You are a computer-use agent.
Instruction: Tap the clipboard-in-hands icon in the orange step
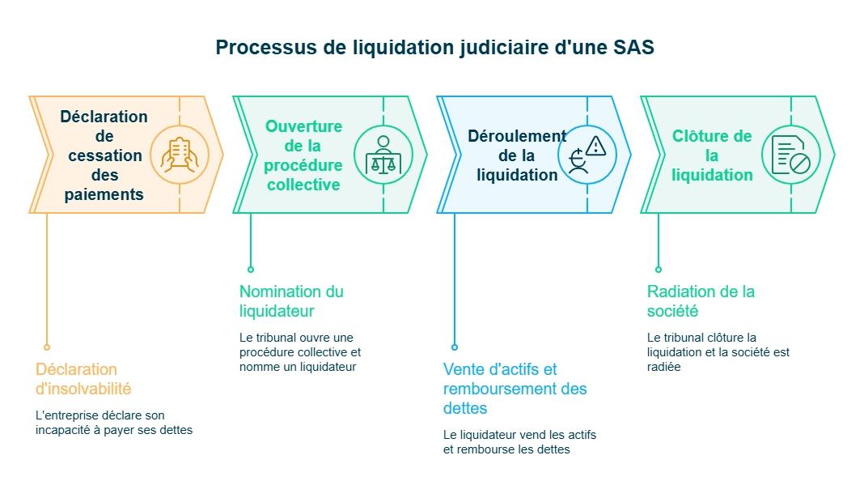pos(180,155)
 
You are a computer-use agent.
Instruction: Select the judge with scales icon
pos(383,155)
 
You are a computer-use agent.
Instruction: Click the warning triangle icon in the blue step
pos(596,146)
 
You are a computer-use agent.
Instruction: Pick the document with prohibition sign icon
pos(791,155)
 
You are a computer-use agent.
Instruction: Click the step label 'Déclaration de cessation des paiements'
pos(104,155)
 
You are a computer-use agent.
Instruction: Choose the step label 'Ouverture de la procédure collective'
pos(303,155)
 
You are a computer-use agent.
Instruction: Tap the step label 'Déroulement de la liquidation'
pos(517,155)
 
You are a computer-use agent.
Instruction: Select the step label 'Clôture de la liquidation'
pos(712,155)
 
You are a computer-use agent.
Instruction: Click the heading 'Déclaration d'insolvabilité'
pos(83,379)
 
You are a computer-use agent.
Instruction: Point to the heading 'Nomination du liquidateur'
pos(291,301)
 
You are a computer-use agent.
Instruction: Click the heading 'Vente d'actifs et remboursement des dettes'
pos(515,389)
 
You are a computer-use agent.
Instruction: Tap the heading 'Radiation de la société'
pos(701,301)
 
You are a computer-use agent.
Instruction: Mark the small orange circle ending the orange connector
pos(47,347)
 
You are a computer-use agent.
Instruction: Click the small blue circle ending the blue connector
pos(455,347)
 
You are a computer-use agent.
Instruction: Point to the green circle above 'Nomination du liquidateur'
pos(251,270)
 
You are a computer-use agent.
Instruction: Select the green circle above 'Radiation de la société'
pos(659,270)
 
